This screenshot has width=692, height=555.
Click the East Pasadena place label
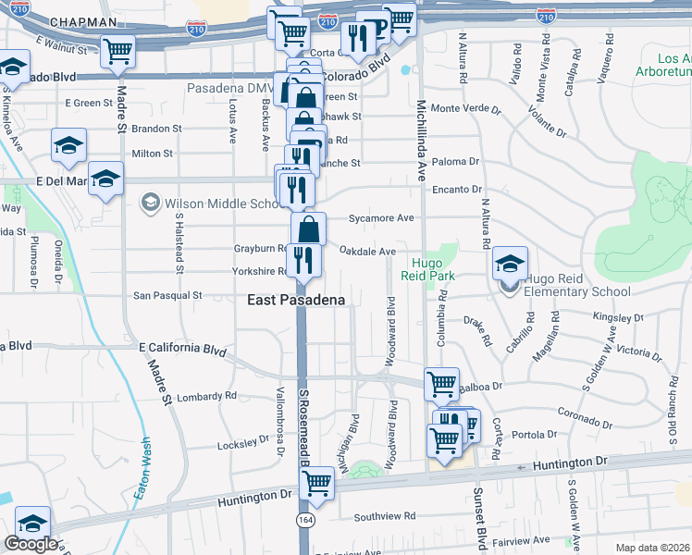click(x=296, y=300)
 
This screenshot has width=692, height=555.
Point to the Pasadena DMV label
click(x=231, y=88)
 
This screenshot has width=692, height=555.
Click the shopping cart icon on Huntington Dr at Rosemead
click(x=317, y=483)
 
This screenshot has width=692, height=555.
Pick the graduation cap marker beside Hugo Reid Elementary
click(x=510, y=264)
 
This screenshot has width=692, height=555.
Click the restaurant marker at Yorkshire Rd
click(x=303, y=260)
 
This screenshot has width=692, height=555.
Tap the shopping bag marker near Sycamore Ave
click(x=309, y=229)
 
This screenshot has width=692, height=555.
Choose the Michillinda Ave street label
click(x=420, y=139)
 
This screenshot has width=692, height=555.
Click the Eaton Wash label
click(x=141, y=469)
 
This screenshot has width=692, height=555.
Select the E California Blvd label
click(x=182, y=349)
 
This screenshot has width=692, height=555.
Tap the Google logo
click(x=31, y=544)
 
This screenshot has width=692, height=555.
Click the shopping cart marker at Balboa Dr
click(x=442, y=383)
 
